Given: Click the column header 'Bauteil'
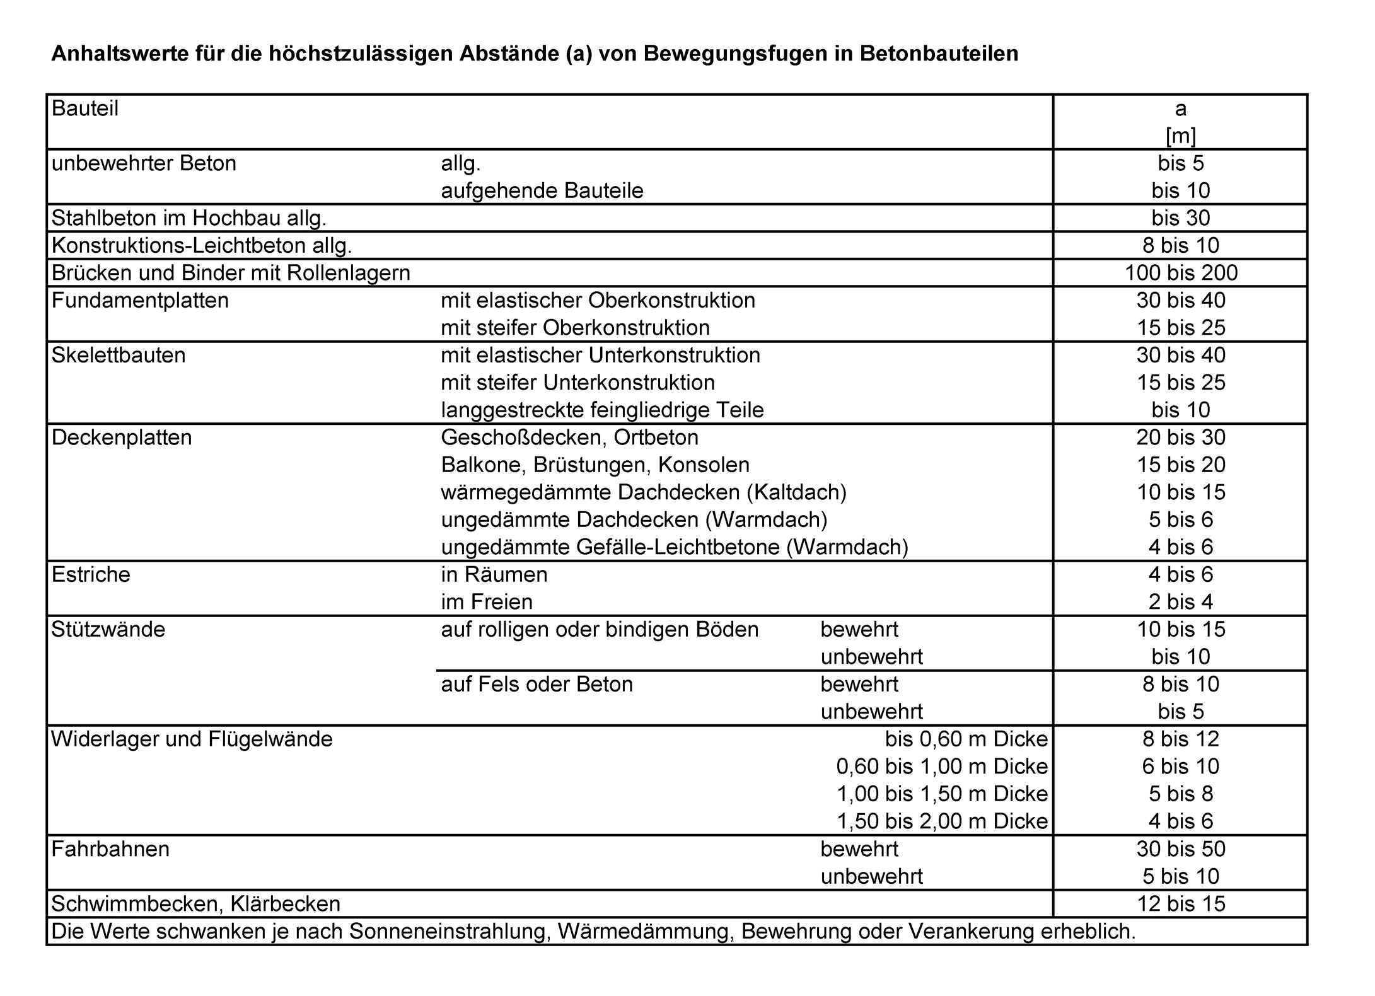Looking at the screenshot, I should click(x=85, y=109).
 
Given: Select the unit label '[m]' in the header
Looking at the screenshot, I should click(x=1180, y=136).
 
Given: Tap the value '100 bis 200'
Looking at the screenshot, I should click(x=1181, y=273).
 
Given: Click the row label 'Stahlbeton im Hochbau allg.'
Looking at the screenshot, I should click(x=189, y=218).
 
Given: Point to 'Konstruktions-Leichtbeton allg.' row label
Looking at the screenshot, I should click(x=202, y=245).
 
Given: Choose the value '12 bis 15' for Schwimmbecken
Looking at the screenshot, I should click(x=1181, y=904).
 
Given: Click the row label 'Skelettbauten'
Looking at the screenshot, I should click(x=119, y=356).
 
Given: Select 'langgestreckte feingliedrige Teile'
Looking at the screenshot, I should click(x=602, y=410).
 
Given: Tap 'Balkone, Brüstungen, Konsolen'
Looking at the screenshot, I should click(x=595, y=465).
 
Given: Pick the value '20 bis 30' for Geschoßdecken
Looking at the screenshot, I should click(x=1181, y=437).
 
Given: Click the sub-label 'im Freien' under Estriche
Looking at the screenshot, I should click(x=487, y=602).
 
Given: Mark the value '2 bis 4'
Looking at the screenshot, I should click(x=1181, y=602).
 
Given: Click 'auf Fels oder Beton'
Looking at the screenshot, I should click(x=537, y=685).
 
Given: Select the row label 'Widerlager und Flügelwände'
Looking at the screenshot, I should click(x=192, y=739).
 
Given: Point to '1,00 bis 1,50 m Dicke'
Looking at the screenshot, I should click(x=942, y=794).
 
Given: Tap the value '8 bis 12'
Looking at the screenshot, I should click(x=1181, y=739).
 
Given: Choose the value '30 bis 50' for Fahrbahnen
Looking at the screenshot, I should click(x=1181, y=849).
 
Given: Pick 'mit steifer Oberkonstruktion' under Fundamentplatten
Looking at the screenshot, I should click(x=575, y=328).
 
